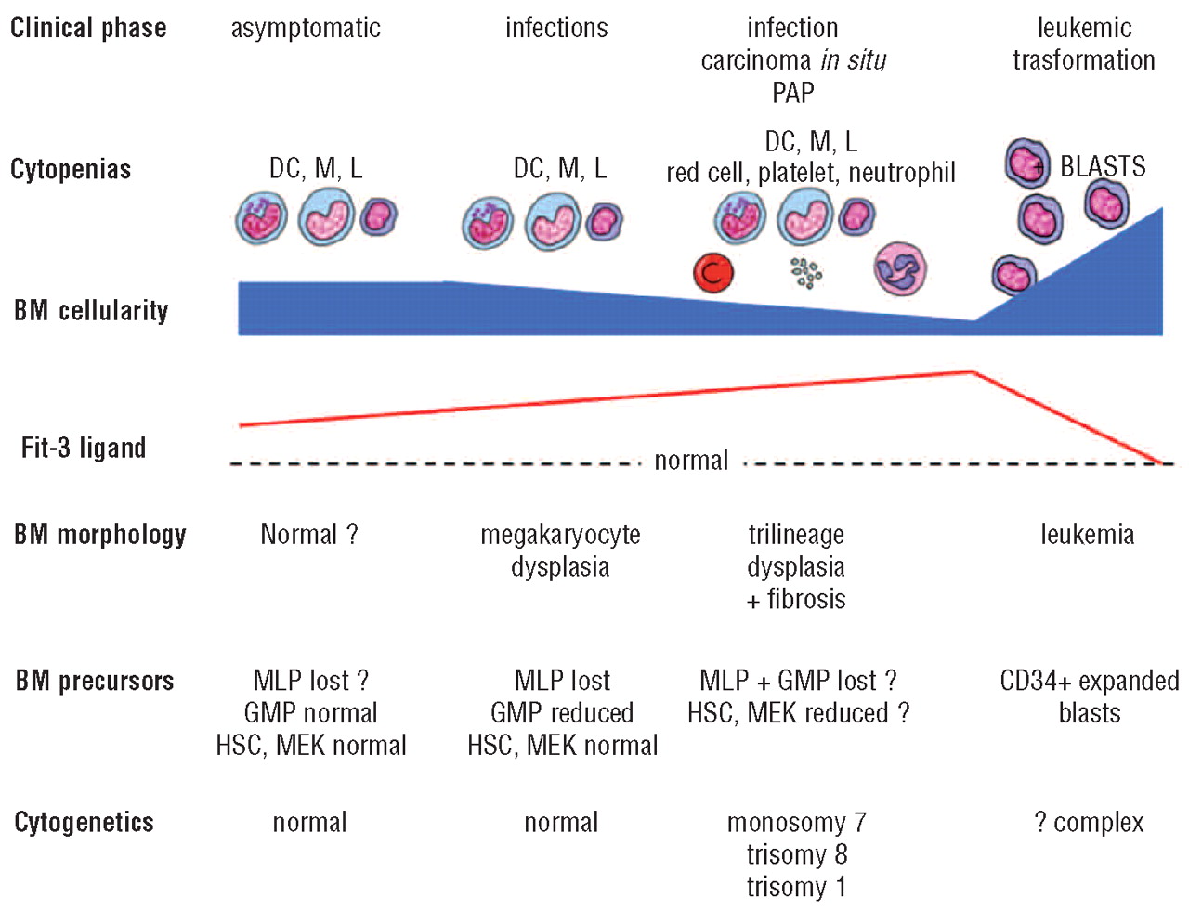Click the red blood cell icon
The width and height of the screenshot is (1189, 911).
click(x=713, y=272)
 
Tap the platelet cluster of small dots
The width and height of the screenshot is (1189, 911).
click(x=805, y=273)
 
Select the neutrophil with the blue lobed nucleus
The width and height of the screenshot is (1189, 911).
click(x=900, y=269)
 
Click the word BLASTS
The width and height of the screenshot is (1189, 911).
click(x=1103, y=166)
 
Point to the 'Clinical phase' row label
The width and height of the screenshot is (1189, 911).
click(x=88, y=28)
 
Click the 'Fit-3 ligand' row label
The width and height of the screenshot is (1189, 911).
click(x=84, y=449)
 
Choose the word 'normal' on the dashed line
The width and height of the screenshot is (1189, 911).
click(x=691, y=461)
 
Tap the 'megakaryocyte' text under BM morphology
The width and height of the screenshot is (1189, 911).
click(x=560, y=535)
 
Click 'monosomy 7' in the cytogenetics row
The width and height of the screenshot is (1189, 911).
click(x=796, y=823)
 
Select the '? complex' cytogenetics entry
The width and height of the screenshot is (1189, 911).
click(x=1089, y=823)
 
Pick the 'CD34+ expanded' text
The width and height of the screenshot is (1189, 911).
click(x=1089, y=681)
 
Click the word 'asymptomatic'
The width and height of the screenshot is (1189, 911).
click(x=306, y=28)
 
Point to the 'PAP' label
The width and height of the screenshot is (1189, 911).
click(x=792, y=93)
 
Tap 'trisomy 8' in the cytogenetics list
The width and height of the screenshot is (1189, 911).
click(x=796, y=854)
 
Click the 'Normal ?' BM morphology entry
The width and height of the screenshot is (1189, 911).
click(x=308, y=535)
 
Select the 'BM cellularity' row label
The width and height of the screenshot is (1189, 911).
click(x=91, y=310)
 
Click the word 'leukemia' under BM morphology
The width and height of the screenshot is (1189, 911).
click(x=1087, y=535)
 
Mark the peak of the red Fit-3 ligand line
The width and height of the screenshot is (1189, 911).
click(x=972, y=371)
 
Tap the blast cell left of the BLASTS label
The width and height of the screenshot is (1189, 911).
click(x=1027, y=163)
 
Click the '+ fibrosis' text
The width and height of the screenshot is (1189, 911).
click(x=796, y=600)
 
